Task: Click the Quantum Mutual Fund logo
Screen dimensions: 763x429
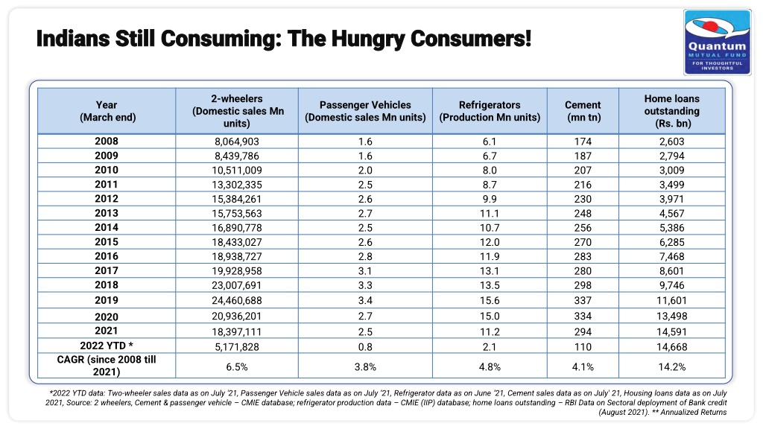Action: point(718,42)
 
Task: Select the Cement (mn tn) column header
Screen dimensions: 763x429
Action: point(583,111)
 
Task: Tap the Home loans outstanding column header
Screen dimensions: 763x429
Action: point(671,111)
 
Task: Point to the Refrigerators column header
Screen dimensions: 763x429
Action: point(490,111)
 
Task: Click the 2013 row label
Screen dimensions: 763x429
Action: point(107,213)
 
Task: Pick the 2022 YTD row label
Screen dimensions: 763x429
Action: point(107,346)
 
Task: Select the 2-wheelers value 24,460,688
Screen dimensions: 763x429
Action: point(236,300)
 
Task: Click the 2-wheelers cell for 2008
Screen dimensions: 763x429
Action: point(236,142)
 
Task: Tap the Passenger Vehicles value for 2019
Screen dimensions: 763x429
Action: point(365,300)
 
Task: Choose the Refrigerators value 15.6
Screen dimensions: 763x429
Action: point(490,300)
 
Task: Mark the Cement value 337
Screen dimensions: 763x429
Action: point(583,300)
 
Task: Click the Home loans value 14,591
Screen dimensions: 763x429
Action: point(671,331)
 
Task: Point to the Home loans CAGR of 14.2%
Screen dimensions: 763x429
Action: point(671,366)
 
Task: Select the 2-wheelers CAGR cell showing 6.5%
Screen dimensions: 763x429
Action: point(236,366)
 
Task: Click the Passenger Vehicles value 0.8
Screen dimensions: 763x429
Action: point(365,347)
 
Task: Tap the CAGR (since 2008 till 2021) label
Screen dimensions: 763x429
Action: point(107,365)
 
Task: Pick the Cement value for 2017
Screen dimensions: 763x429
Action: point(583,271)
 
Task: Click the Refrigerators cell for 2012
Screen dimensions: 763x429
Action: point(490,199)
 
